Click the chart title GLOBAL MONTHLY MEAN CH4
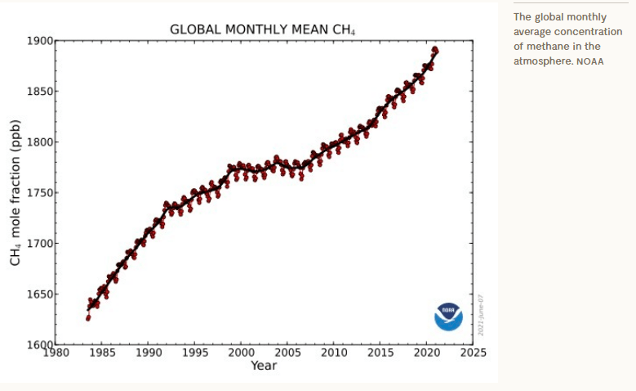coord(262,29)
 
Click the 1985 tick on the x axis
coord(102,353)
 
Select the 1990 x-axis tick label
coord(149,353)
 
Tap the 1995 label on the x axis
coord(195,353)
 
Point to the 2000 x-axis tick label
coord(241,353)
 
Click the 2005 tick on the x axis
coord(287,353)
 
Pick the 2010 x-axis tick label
coord(334,353)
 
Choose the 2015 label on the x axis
coord(380,353)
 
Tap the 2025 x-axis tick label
coord(473,353)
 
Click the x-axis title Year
coord(264,366)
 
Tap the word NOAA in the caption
coord(590,62)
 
